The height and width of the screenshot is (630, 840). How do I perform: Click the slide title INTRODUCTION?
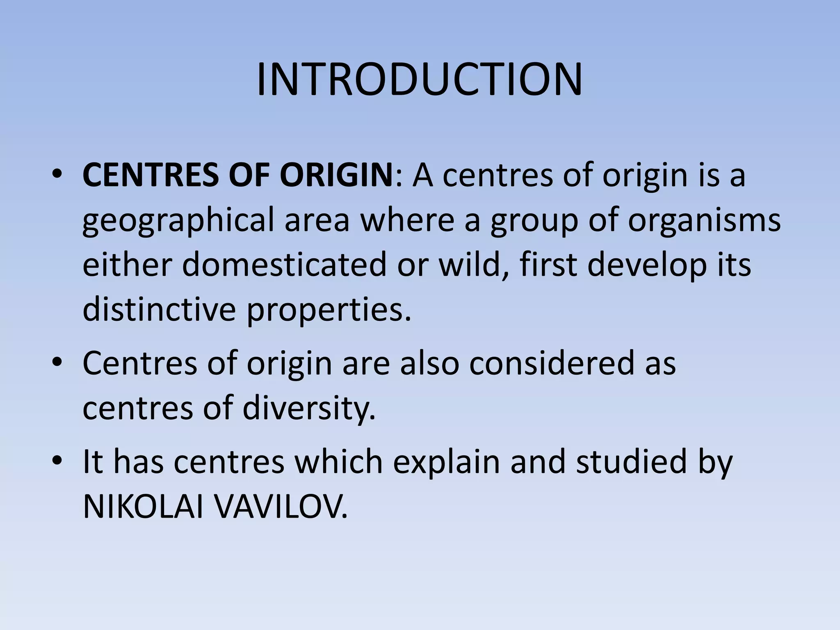[x=419, y=80]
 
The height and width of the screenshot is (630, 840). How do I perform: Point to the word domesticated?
[x=284, y=265]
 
